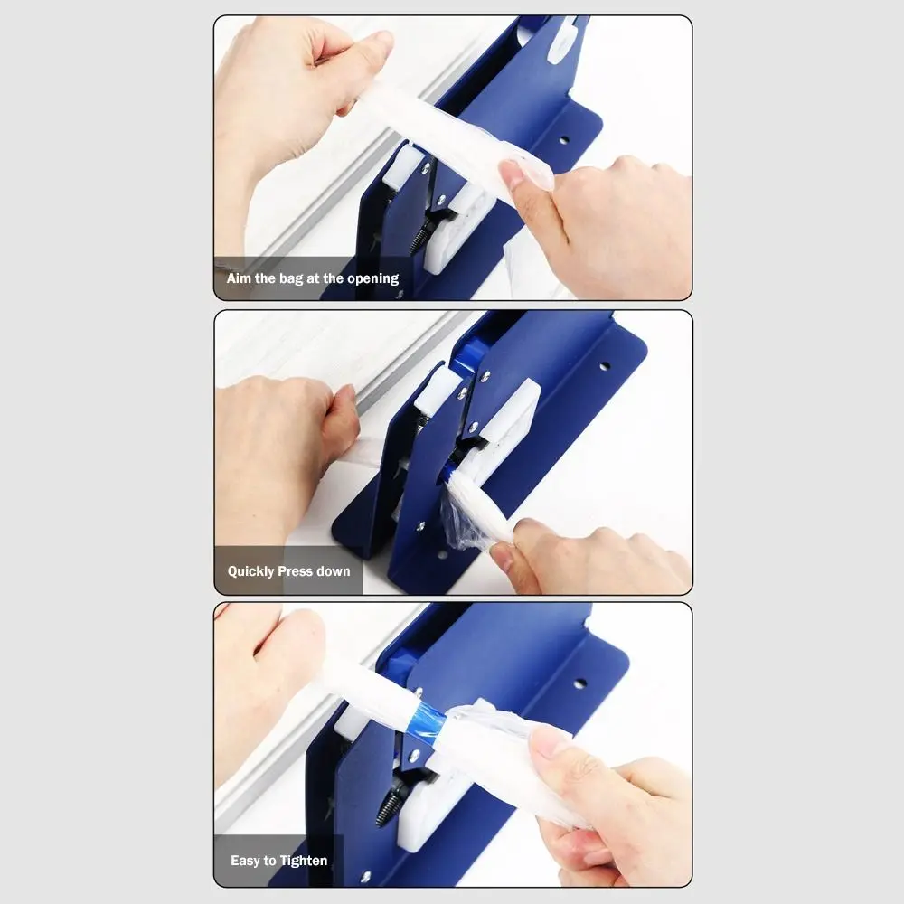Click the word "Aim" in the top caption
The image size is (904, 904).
(x=239, y=278)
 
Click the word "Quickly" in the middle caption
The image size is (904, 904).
(x=250, y=571)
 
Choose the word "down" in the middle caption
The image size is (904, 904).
(x=334, y=571)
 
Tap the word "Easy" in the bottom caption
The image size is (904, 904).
(x=245, y=861)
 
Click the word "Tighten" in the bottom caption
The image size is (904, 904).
(x=304, y=861)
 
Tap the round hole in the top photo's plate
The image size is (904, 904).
(x=563, y=140)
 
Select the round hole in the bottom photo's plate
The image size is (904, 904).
(x=579, y=683)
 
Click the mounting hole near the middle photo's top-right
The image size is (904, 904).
(x=603, y=366)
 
